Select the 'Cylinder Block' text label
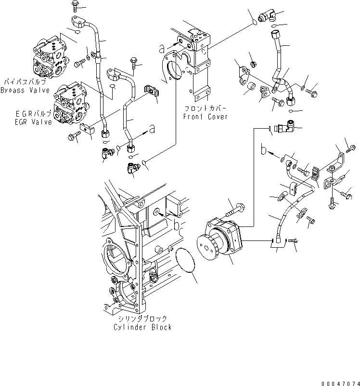(142, 327)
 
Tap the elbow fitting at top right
(266, 18)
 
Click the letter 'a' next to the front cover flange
(162, 47)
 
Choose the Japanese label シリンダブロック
(142, 319)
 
